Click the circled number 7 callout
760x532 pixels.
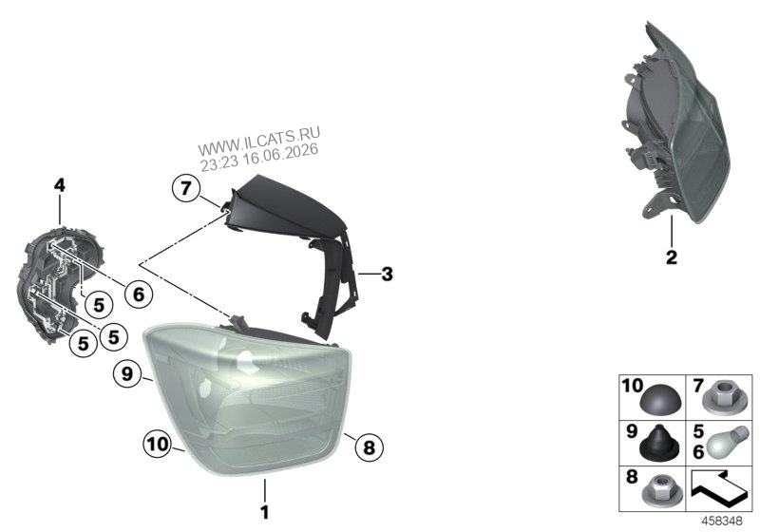point(186,188)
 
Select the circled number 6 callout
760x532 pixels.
point(139,294)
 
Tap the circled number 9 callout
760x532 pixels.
point(127,374)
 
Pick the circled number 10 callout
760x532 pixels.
point(158,445)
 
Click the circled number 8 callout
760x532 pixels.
point(369,447)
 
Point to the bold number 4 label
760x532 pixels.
point(59,185)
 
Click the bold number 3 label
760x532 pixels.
point(387,275)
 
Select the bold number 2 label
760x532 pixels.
point(672,257)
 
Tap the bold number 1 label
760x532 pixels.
point(265,512)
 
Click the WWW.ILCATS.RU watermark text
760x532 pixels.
point(259,140)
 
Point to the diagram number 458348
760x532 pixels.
point(722,522)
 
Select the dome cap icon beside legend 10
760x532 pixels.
point(660,403)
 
